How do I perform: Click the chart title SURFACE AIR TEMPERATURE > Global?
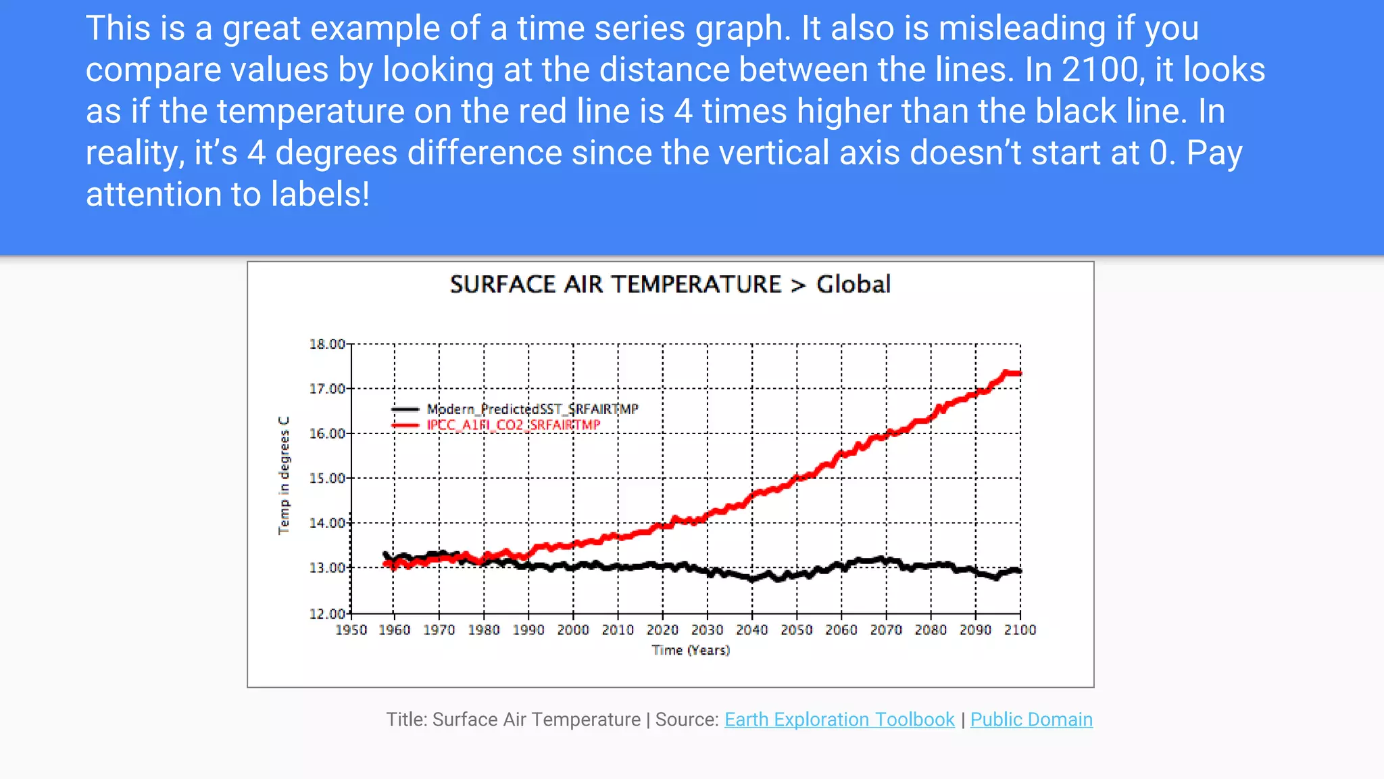pos(670,285)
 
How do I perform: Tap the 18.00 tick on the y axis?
pos(327,344)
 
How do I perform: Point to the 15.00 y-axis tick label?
pos(327,479)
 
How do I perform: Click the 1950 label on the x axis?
pos(351,630)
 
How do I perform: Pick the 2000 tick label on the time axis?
pos(573,630)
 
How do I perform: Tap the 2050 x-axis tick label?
pos(797,630)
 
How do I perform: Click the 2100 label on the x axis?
pos(1020,630)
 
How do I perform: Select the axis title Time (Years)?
pos(691,651)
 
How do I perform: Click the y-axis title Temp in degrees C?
pos(284,476)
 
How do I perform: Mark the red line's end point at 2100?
pos(1019,373)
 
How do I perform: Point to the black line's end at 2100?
pos(1019,571)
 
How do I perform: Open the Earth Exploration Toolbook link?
pos(839,719)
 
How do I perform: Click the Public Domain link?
pos(1031,719)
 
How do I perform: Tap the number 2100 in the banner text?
pos(1100,70)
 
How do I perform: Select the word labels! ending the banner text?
pos(320,195)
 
